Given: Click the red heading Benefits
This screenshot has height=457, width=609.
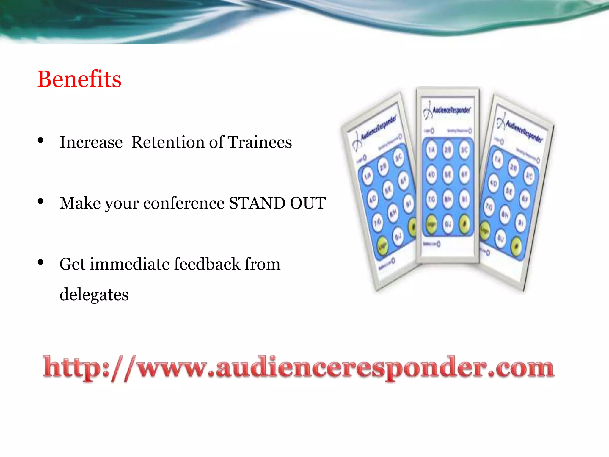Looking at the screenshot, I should click(x=79, y=79).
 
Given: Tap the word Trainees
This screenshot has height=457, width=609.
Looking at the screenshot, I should click(x=260, y=142).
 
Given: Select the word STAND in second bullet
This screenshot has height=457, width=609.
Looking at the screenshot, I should click(x=257, y=203).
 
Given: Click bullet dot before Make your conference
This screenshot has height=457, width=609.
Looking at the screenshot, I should click(x=41, y=202).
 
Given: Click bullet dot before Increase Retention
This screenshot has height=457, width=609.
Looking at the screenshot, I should click(x=41, y=141).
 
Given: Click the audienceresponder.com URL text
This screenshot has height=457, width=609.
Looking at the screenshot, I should click(x=299, y=368).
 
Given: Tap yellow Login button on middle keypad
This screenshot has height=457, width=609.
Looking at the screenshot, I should click(x=431, y=224).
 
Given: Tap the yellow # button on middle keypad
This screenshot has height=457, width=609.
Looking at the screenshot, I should click(x=464, y=224).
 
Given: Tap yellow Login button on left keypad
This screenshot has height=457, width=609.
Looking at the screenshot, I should click(x=383, y=246).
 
